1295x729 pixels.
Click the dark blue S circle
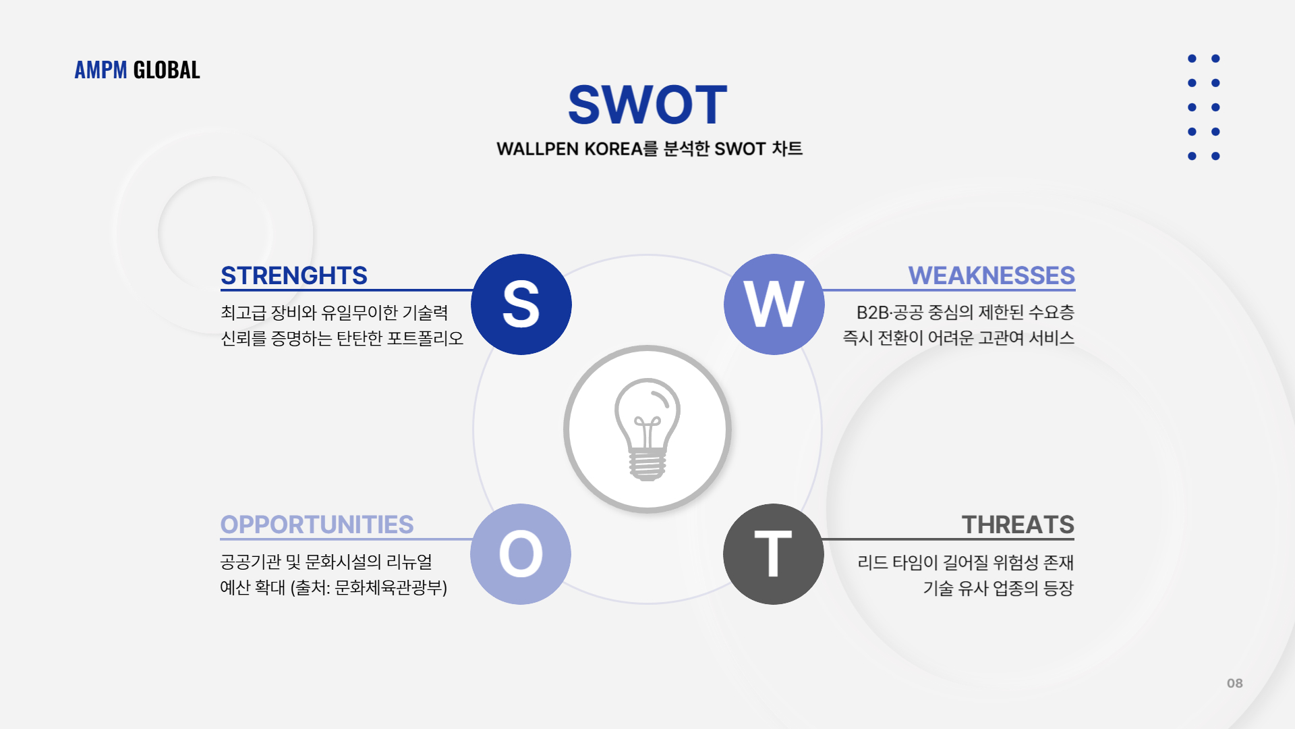coord(521,304)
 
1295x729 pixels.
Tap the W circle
coord(774,304)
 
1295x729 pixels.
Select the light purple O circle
coord(521,554)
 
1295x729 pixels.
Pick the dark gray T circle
coord(774,554)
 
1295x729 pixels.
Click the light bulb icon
coord(647,429)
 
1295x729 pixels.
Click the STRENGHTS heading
coord(294,275)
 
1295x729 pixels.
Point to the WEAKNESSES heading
coord(991,275)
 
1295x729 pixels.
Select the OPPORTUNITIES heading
coord(317,524)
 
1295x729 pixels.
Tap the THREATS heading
coord(1018,524)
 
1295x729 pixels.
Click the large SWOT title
coord(647,105)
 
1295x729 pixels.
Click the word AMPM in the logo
coord(100,70)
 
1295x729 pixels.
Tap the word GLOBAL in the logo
coord(167,70)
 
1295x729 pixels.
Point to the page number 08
coord(1235,683)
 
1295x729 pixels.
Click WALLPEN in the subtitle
coord(538,148)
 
